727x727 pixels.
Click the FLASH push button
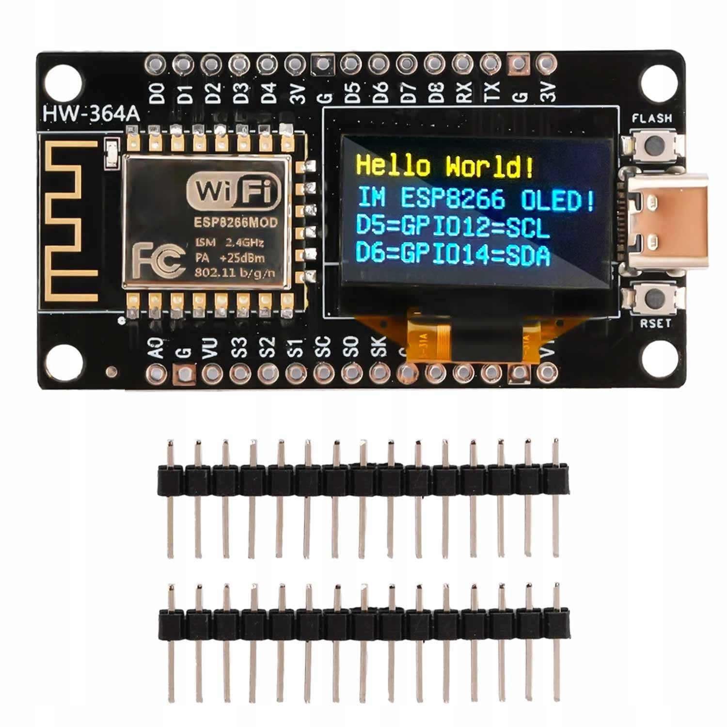653,144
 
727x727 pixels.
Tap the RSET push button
653,297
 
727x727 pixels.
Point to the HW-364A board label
91,114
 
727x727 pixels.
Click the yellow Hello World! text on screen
445,166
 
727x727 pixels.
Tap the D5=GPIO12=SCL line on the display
453,226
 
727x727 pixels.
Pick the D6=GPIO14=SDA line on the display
453,253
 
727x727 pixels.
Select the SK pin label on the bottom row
379,346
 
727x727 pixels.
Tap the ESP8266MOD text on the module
236,222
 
